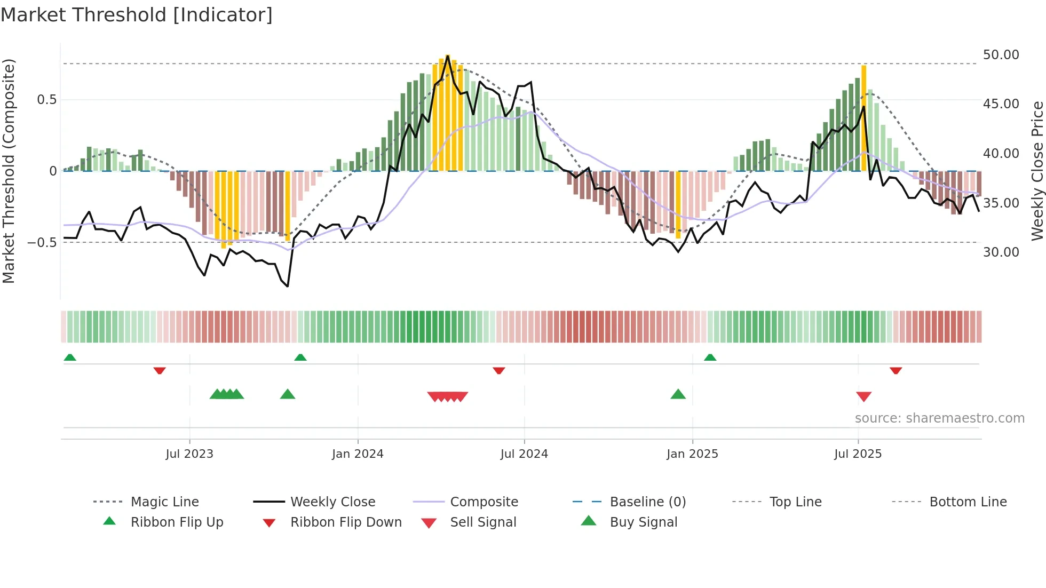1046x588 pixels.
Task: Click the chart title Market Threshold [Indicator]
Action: (x=137, y=15)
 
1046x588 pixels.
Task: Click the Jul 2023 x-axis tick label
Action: (x=189, y=454)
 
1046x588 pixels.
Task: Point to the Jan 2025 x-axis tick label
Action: (x=692, y=454)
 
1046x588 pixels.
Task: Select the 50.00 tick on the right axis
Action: (x=1001, y=55)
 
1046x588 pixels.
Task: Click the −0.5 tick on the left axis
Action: (x=42, y=243)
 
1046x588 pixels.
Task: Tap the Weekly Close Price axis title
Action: (x=1037, y=171)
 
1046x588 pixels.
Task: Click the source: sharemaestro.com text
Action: (x=939, y=418)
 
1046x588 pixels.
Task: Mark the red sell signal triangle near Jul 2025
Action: (x=863, y=396)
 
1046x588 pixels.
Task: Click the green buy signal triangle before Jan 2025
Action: (x=678, y=394)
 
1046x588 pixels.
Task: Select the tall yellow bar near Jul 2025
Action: (x=863, y=117)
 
